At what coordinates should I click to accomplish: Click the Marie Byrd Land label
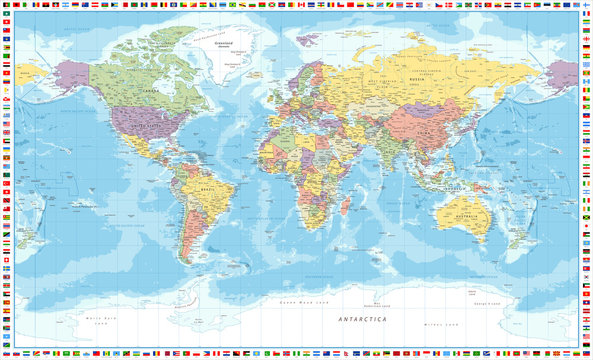point(98,318)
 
